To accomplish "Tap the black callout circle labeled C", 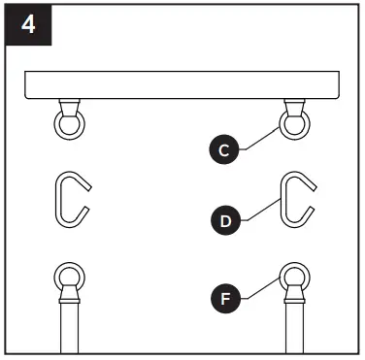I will (x=224, y=151).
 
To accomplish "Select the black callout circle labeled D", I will (x=224, y=221).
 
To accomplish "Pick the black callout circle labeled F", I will (x=224, y=296).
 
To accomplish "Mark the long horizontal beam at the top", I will (x=182, y=84).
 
